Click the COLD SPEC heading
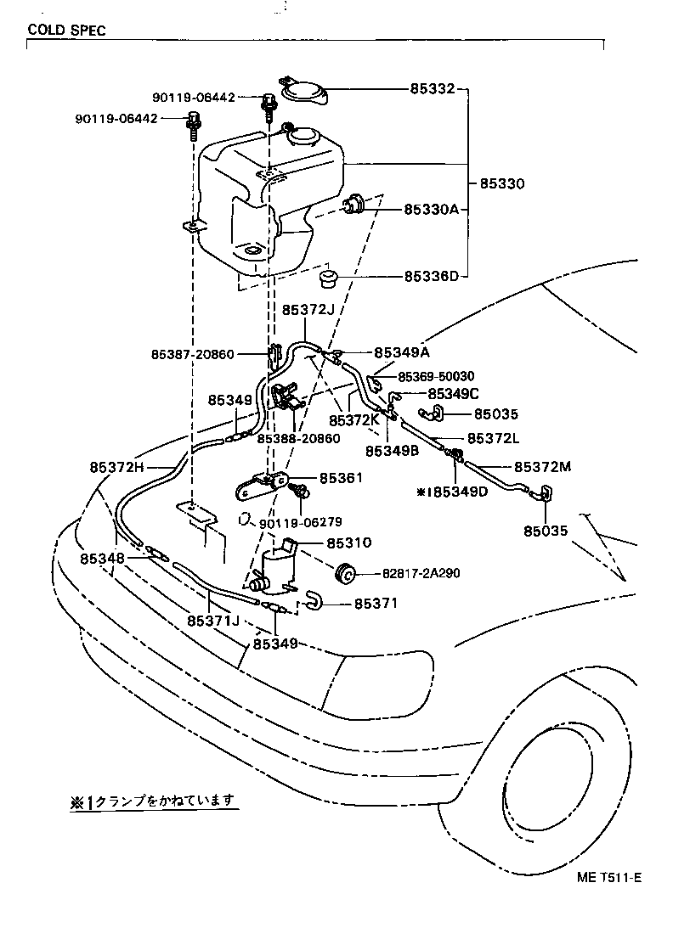pyautogui.click(x=66, y=30)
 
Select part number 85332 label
pyautogui.click(x=432, y=88)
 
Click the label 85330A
pyautogui.click(x=431, y=209)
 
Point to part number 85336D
pyautogui.click(x=431, y=276)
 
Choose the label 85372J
pyautogui.click(x=308, y=309)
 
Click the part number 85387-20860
pyautogui.click(x=192, y=355)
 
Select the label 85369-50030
pyautogui.click(x=436, y=376)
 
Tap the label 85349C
pyautogui.click(x=454, y=393)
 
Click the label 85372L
pyautogui.click(x=493, y=438)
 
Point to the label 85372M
pyautogui.click(x=542, y=466)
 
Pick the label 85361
pyautogui.click(x=341, y=477)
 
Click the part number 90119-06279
pyautogui.click(x=300, y=523)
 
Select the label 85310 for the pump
pyautogui.click(x=348, y=543)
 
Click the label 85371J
pyautogui.click(x=213, y=621)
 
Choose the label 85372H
pyautogui.click(x=117, y=467)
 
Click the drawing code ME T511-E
pyautogui.click(x=609, y=877)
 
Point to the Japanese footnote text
pyautogui.click(x=153, y=801)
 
